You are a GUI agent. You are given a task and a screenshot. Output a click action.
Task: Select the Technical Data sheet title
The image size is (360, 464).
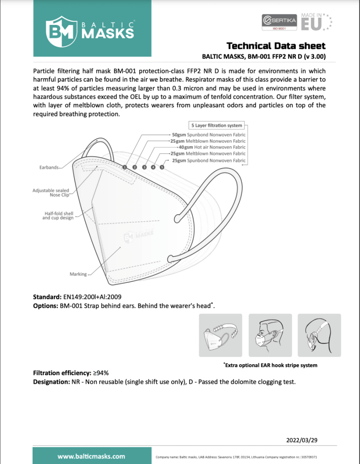coord(275,46)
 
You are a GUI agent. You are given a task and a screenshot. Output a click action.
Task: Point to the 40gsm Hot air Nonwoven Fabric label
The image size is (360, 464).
coord(212,147)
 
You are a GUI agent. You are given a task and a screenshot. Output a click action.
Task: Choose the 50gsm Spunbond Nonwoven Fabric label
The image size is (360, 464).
coord(209,135)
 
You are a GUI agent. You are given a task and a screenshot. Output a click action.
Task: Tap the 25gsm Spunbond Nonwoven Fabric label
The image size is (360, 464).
coord(209,160)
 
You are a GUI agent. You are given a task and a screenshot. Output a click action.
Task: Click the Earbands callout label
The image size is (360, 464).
coord(48,168)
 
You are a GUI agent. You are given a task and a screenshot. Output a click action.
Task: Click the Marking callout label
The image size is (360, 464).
coord(78,274)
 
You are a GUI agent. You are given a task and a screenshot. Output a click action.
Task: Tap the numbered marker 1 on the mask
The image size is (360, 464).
coord(125,167)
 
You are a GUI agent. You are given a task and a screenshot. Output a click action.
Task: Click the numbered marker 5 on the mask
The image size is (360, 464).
coord(162,167)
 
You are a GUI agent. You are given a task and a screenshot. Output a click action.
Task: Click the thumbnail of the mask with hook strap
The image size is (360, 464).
coord(221,336)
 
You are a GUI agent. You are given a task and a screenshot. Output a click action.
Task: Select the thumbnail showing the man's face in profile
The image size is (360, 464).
coord(269,336)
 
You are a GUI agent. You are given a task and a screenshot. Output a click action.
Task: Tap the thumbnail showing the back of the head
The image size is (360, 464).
coord(319,336)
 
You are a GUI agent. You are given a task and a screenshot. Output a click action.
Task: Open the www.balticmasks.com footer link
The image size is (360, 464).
coord(91,456)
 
